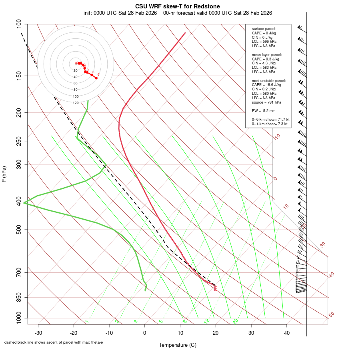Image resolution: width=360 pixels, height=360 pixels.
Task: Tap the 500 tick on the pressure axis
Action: pos(18,230)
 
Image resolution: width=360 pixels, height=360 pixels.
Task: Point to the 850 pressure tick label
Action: pos(18,297)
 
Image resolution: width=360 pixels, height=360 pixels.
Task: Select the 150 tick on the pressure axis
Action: pos(18,76)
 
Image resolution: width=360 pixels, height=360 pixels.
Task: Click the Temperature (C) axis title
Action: pos(177,345)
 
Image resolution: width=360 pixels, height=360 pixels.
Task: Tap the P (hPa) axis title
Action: pos(4,174)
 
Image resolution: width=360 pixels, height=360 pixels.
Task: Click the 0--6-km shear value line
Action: pos(270,119)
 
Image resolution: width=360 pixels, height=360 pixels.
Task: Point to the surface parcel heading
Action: pos(264,29)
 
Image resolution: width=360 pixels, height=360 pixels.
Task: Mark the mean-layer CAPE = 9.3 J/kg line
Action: pos(265,59)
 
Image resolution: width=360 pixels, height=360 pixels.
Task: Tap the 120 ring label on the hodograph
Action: pos(76,103)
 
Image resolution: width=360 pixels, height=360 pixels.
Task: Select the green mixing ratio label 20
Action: pos(235,321)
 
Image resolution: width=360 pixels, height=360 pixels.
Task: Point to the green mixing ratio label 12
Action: pos(207,321)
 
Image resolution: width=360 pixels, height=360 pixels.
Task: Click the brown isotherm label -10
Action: pos(277,137)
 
